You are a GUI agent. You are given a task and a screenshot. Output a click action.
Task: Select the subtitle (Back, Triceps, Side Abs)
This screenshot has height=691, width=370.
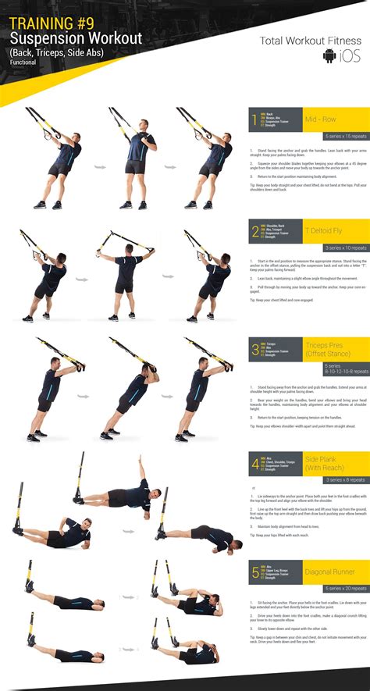click(55, 52)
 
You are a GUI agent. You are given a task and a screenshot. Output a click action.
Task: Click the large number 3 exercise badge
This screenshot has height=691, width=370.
click(254, 350)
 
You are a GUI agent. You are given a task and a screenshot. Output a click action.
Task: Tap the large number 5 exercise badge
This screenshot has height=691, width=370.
click(254, 575)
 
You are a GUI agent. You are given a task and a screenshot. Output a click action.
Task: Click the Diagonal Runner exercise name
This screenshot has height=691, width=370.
click(330, 572)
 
